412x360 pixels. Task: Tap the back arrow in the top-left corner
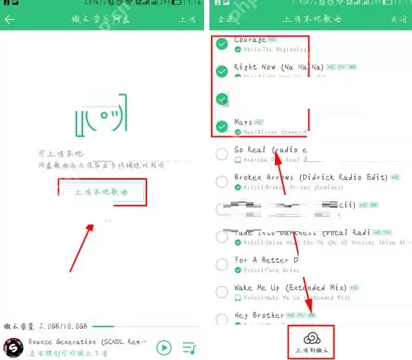(10, 19)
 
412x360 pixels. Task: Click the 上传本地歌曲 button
(101, 193)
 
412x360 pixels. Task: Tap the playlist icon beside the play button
(190, 348)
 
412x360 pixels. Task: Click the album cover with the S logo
(13, 347)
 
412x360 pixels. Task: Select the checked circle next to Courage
(222, 44)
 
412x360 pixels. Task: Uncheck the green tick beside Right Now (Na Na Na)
(222, 71)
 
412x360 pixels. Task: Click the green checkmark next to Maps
(222, 126)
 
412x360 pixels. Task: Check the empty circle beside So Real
(222, 155)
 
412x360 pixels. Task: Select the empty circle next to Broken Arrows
(222, 182)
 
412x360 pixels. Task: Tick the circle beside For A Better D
(222, 264)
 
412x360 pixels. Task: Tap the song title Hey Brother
(258, 315)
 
